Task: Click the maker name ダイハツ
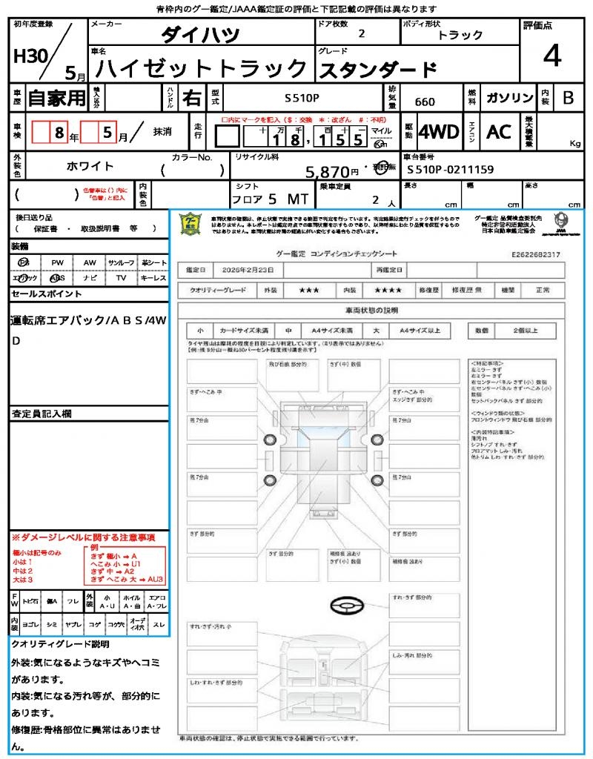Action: click(x=200, y=35)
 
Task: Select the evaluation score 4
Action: click(x=551, y=56)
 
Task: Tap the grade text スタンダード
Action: click(x=377, y=70)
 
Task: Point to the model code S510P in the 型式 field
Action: click(x=302, y=98)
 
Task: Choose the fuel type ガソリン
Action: click(x=509, y=98)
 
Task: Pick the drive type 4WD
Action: click(x=439, y=132)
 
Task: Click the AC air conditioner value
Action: click(x=499, y=132)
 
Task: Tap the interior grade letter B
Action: click(x=568, y=98)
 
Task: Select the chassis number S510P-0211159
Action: click(x=450, y=170)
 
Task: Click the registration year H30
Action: click(x=30, y=56)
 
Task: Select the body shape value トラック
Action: click(x=460, y=35)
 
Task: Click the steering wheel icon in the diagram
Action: click(x=346, y=606)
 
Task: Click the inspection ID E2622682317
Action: click(x=535, y=254)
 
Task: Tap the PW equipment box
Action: click(x=57, y=262)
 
